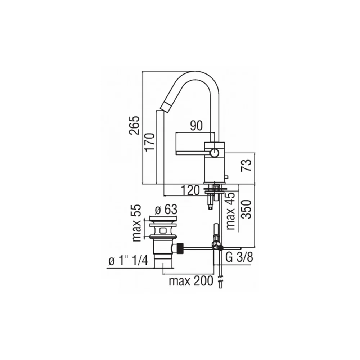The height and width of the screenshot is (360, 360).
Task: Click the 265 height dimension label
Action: (134, 125)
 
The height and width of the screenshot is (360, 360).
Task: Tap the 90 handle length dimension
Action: (197, 126)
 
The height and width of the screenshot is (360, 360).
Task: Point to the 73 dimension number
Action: (246, 166)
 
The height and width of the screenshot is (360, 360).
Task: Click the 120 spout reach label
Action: (190, 190)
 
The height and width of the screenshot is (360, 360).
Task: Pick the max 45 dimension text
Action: (231, 211)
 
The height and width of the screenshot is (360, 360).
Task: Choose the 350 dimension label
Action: (247, 209)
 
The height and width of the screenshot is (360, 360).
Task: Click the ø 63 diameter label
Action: (166, 210)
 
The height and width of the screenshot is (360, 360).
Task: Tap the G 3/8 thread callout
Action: (239, 257)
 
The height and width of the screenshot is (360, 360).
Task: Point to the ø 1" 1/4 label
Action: (128, 261)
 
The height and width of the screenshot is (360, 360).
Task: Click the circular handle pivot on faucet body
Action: (215, 152)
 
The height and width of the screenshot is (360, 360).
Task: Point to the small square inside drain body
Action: (163, 230)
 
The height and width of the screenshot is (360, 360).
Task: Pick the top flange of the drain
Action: (163, 219)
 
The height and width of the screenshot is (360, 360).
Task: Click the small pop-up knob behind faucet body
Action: (226, 177)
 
